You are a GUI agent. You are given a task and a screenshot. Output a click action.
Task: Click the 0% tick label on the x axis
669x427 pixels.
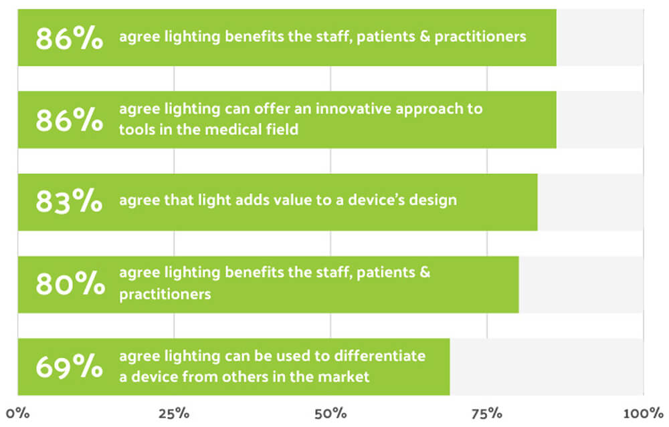(x=19, y=412)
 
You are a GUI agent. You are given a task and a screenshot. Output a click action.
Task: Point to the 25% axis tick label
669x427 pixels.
(x=174, y=412)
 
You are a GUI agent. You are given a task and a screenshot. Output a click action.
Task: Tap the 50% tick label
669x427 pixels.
(x=330, y=412)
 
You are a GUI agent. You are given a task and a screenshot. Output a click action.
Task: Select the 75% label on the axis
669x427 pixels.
(x=487, y=412)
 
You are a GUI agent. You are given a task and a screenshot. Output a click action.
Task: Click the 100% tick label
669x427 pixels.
(x=642, y=412)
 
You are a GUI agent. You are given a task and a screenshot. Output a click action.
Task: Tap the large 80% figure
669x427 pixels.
(x=70, y=284)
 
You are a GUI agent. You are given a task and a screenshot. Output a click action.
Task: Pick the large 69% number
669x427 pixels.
(x=69, y=367)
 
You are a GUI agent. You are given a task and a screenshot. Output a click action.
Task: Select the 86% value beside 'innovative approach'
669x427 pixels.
(x=69, y=120)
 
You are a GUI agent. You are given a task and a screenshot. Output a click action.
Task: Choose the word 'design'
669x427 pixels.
(x=434, y=200)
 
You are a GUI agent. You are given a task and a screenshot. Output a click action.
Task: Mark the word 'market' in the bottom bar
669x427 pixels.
(x=345, y=377)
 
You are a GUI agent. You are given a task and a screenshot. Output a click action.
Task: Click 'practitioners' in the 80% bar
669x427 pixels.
(x=165, y=294)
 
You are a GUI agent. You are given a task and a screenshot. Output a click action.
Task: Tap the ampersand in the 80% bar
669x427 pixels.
(x=425, y=273)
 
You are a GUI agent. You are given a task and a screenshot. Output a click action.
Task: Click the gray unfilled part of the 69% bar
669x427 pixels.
(x=546, y=367)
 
